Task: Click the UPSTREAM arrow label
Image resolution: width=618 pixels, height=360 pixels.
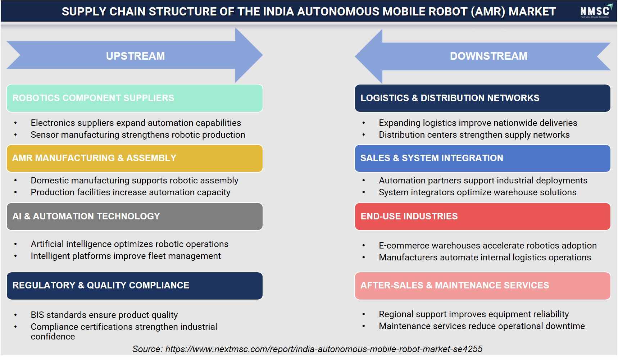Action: pyautogui.click(x=135, y=56)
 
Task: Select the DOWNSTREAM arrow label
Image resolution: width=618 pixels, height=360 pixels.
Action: pyautogui.click(x=489, y=56)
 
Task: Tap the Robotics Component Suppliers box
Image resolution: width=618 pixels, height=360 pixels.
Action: pyautogui.click(x=135, y=98)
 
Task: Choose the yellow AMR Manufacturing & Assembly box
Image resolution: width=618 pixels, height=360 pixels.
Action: pyautogui.click(x=135, y=158)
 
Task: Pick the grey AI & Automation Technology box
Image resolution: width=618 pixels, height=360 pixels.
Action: pyautogui.click(x=135, y=217)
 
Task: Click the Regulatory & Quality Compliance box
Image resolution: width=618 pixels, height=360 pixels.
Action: pyautogui.click(x=135, y=286)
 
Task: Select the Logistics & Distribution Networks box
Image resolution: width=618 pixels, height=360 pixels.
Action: pyautogui.click(x=482, y=98)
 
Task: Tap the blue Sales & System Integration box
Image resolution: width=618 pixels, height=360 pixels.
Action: pyautogui.click(x=482, y=158)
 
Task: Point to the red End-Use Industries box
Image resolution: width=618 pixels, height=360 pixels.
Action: pyautogui.click(x=482, y=217)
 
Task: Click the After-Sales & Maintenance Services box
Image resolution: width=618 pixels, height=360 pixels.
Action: pyautogui.click(x=482, y=286)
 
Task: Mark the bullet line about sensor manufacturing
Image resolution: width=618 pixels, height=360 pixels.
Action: pyautogui.click(x=138, y=135)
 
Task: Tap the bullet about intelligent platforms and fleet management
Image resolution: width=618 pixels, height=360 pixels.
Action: pyautogui.click(x=126, y=256)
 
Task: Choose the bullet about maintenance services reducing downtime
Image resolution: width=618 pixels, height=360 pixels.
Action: pyautogui.click(x=482, y=326)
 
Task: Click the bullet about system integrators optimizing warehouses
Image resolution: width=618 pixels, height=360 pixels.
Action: pyautogui.click(x=477, y=192)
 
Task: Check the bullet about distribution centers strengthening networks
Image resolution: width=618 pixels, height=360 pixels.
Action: pyautogui.click(x=474, y=135)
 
